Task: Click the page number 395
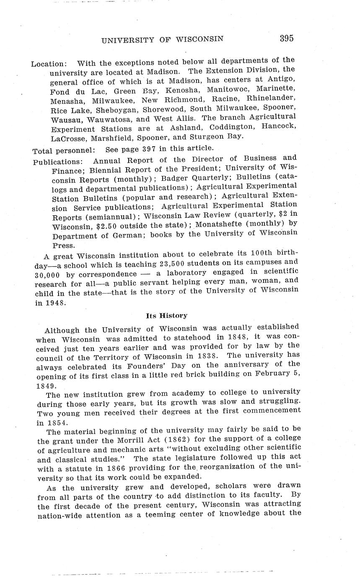pyautogui.click(x=287, y=39)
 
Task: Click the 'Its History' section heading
pyautogui.click(x=166, y=315)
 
